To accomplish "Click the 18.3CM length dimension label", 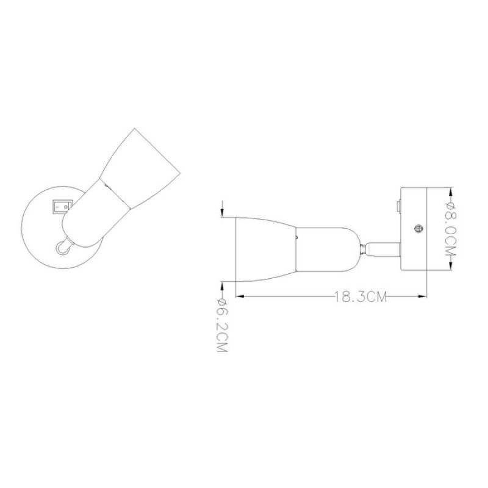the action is [x=360, y=296].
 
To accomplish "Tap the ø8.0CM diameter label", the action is [x=451, y=229].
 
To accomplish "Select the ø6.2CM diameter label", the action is [x=221, y=325].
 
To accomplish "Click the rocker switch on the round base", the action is [x=62, y=207].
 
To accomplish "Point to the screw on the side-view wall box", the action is [x=418, y=228].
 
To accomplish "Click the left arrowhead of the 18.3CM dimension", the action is [x=240, y=296].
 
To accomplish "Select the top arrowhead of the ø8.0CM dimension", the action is [x=451, y=192].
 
